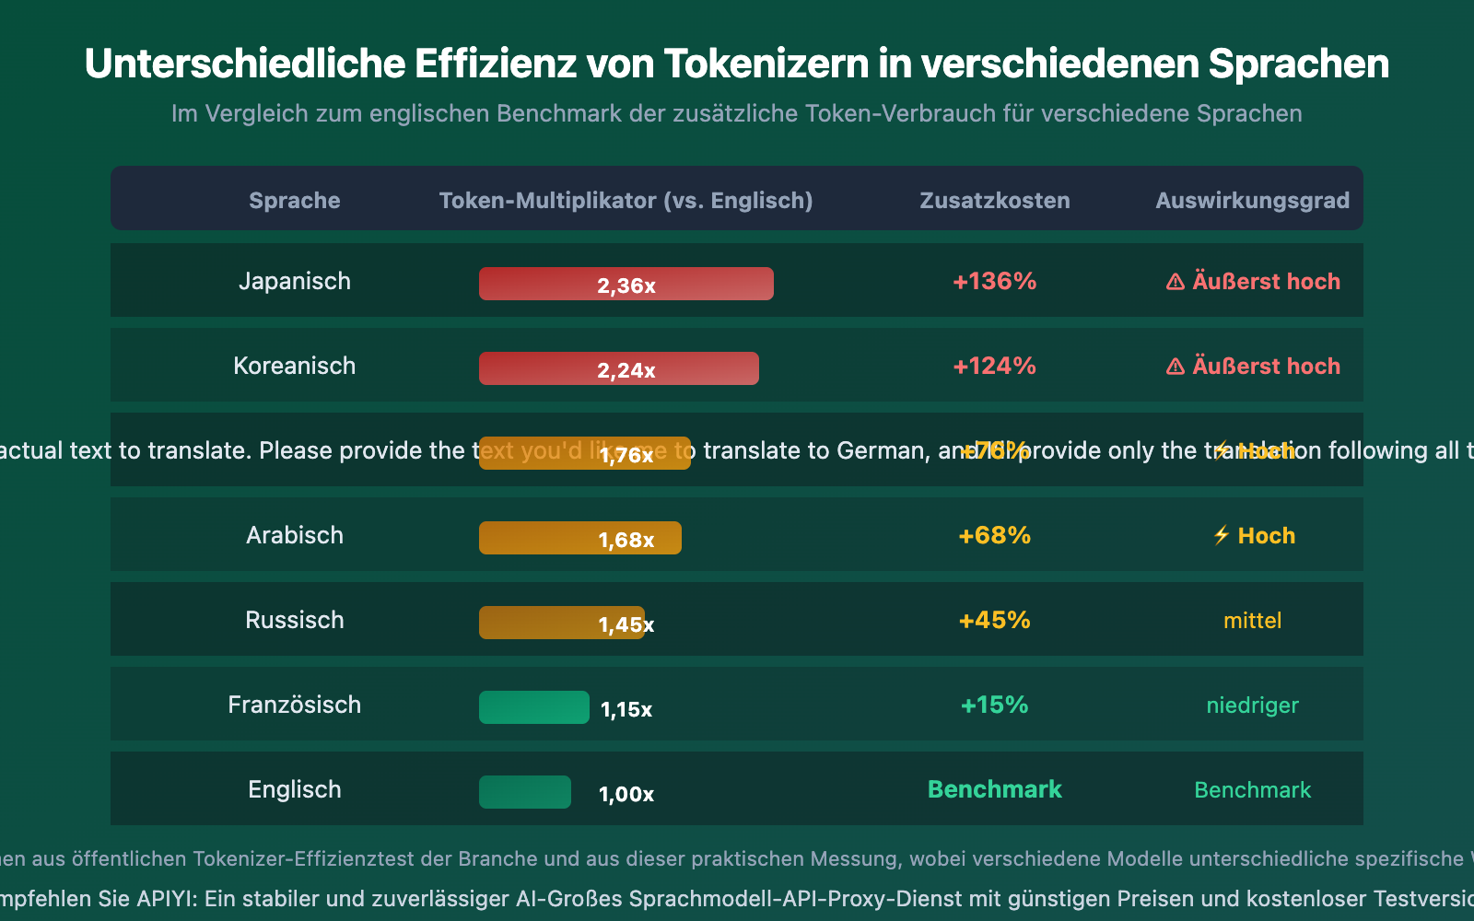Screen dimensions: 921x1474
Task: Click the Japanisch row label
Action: (294, 281)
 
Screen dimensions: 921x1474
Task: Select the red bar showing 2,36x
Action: (626, 284)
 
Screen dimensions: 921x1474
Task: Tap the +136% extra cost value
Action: (994, 281)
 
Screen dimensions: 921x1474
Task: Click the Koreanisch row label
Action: (294, 366)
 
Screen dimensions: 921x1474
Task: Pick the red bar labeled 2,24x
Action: (618, 368)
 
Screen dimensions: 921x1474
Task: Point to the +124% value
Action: (994, 366)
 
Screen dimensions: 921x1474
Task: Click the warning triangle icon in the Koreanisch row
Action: (1176, 367)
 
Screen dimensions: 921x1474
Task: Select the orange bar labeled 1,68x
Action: (579, 538)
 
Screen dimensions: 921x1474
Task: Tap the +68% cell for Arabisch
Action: (994, 535)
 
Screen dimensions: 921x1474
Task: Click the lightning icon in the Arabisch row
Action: (1222, 535)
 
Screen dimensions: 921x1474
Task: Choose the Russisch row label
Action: (294, 620)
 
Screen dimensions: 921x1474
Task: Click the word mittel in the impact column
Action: (1252, 621)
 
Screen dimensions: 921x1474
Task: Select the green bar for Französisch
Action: (533, 707)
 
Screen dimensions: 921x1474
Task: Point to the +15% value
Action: (994, 705)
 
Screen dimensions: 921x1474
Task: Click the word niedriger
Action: (1252, 705)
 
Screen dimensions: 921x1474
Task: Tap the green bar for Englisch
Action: (524, 792)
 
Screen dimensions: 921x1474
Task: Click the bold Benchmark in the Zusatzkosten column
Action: (994, 789)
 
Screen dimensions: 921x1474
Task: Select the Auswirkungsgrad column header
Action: (1252, 201)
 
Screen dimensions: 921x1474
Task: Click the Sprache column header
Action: (294, 201)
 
